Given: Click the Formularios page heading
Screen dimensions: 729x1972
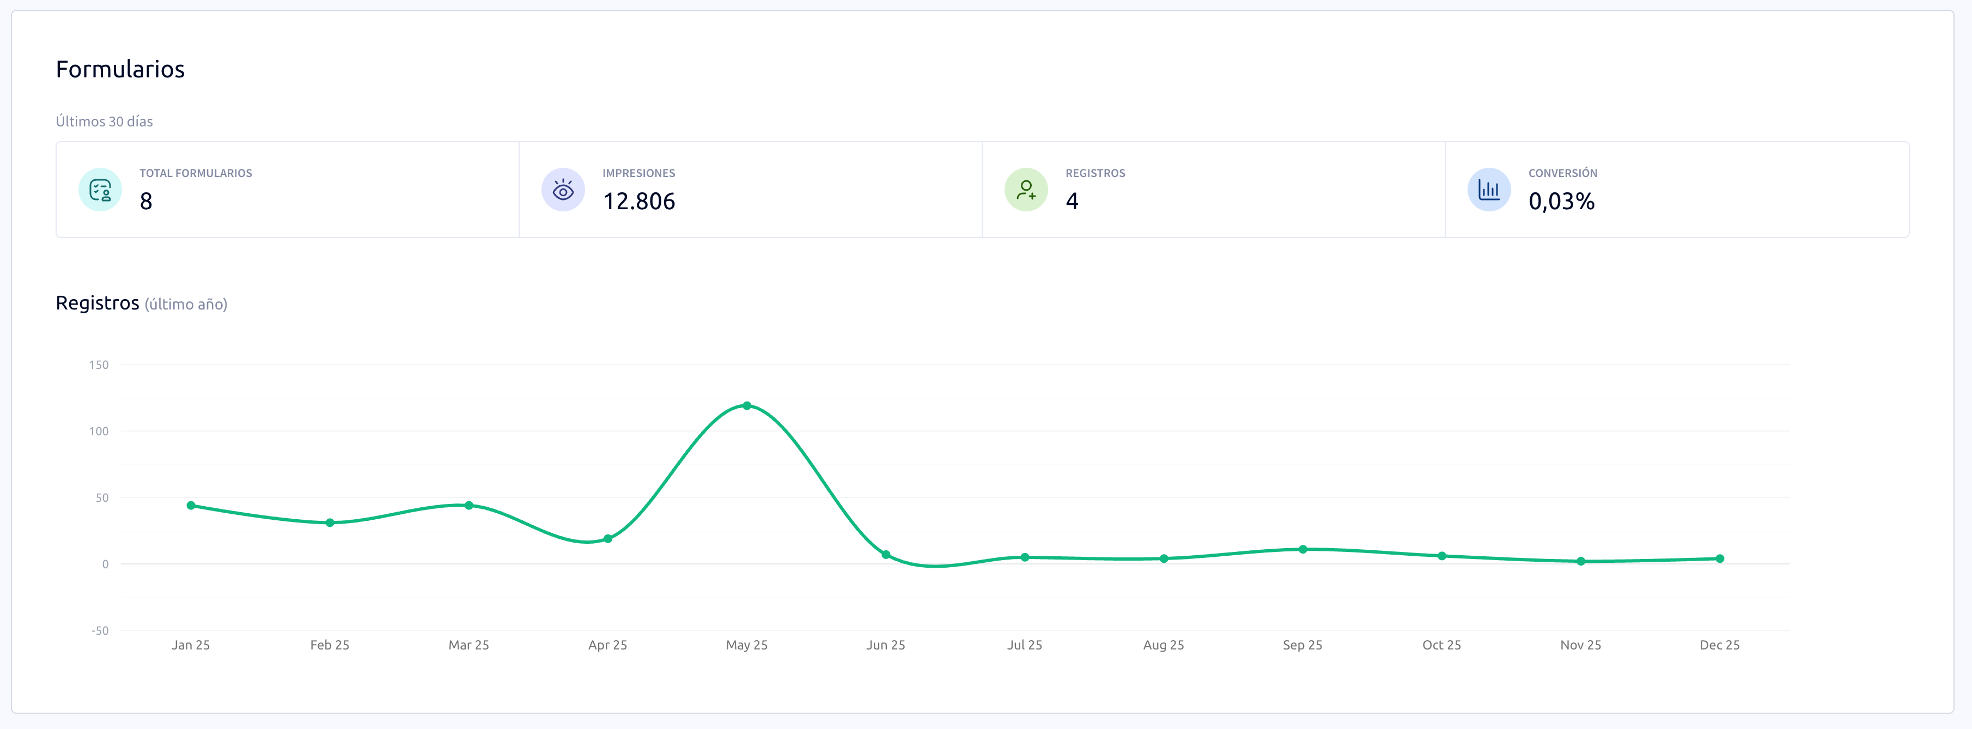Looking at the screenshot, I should (x=120, y=70).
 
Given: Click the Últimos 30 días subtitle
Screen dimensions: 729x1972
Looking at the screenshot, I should (x=104, y=121).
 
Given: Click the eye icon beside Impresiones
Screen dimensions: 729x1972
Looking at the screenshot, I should (x=563, y=190).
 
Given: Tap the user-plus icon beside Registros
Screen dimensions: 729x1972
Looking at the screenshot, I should (x=1026, y=190).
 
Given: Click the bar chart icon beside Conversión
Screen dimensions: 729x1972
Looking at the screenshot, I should (x=1488, y=190).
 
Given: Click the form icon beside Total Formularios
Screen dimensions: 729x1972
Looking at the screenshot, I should (x=100, y=190).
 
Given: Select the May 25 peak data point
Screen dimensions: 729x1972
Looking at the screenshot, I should (x=746, y=406).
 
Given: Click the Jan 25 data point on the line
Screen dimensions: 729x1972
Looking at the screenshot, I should (x=191, y=506).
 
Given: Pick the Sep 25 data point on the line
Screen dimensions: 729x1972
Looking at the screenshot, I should (x=1302, y=549).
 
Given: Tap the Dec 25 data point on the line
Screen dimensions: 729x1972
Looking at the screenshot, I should (x=1719, y=559).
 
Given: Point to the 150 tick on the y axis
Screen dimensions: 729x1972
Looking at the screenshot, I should (x=99, y=364).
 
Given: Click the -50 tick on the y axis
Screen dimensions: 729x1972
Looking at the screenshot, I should (x=100, y=631).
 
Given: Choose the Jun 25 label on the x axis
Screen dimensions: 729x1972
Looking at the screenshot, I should (x=885, y=645).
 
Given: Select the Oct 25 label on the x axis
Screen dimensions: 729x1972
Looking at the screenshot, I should (x=1441, y=645).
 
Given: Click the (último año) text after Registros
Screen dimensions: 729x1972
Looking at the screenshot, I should (x=186, y=304).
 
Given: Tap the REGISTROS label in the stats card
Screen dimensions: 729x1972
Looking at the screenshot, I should (x=1095, y=173).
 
